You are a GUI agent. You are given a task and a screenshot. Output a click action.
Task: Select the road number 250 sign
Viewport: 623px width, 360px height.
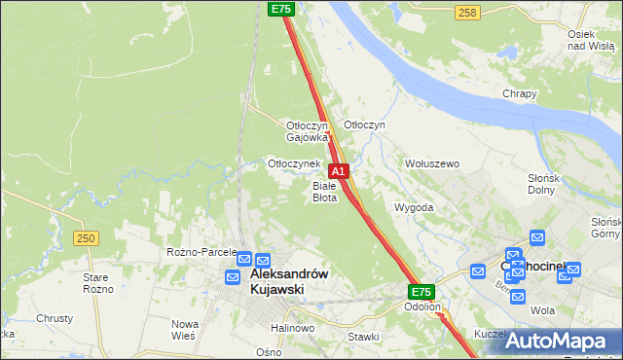pyautogui.click(x=86, y=238)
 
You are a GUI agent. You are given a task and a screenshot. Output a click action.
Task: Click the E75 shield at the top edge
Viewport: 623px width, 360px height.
pyautogui.click(x=280, y=9)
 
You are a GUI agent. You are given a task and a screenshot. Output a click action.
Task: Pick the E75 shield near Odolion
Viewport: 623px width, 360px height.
pyautogui.click(x=421, y=292)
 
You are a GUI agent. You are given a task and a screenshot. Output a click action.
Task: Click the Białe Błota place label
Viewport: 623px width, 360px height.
pyautogui.click(x=324, y=191)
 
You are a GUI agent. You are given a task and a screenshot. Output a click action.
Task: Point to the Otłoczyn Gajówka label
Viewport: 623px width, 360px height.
pyautogui.click(x=306, y=131)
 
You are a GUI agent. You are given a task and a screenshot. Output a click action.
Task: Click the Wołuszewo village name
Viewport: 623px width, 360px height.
pyautogui.click(x=431, y=163)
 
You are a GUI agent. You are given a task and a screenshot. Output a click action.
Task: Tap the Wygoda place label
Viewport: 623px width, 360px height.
pyautogui.click(x=413, y=207)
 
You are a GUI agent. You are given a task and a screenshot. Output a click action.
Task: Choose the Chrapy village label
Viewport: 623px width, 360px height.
pyautogui.click(x=520, y=93)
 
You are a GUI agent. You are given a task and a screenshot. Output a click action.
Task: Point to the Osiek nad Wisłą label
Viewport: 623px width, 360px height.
pyautogui.click(x=589, y=40)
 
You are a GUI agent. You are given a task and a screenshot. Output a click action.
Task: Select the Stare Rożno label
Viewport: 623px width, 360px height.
pyautogui.click(x=97, y=283)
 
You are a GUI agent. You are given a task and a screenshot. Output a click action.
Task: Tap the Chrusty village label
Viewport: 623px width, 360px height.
pyautogui.click(x=55, y=318)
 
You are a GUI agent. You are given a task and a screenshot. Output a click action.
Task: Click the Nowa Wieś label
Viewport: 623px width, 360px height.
pyautogui.click(x=185, y=329)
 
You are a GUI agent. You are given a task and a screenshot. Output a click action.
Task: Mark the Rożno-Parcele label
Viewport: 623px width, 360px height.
pyautogui.click(x=202, y=252)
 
